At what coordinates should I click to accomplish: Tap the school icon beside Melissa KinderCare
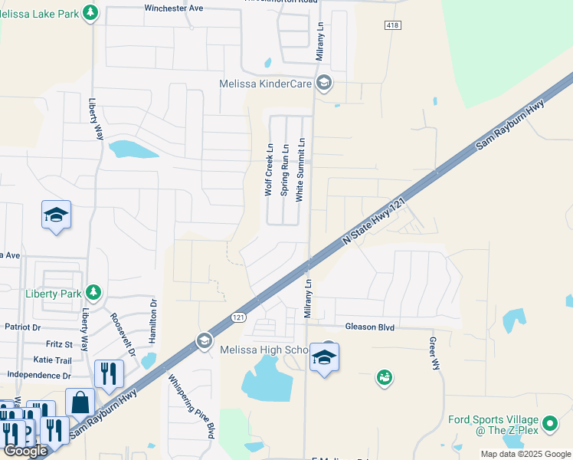324,83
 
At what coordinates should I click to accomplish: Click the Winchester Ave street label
174,8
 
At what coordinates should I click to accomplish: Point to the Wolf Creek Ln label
269,169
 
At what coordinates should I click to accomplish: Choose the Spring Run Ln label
284,169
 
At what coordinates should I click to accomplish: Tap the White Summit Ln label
300,169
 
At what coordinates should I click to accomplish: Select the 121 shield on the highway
238,317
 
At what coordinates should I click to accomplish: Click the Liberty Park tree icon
93,292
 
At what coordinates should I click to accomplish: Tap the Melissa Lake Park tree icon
91,12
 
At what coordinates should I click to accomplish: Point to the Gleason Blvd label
369,327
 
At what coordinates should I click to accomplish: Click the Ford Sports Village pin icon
549,423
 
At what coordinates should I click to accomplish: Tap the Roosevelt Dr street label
123,335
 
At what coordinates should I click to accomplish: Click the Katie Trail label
52,360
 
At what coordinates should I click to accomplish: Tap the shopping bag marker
80,402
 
